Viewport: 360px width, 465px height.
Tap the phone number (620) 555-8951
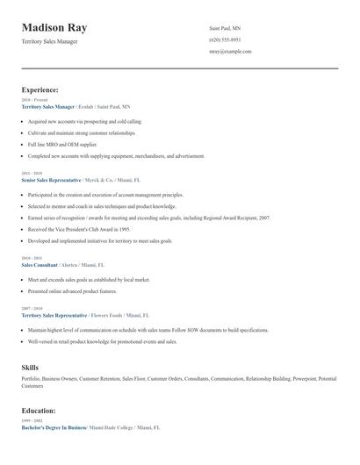225,39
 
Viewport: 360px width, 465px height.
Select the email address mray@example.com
230,51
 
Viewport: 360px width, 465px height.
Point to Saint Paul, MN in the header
225,28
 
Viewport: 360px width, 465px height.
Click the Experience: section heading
40,89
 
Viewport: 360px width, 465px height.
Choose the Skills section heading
30,366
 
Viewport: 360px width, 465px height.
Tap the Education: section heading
39,410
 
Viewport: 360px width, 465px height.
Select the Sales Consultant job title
40,263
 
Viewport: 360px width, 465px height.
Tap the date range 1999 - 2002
31,420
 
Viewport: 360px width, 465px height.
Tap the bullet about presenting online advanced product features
72,290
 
